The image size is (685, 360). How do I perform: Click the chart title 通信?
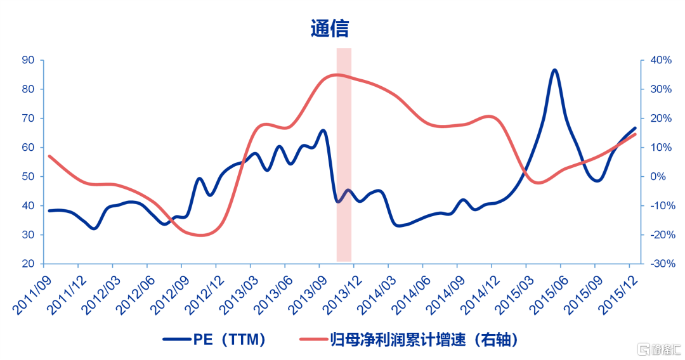coord(329,29)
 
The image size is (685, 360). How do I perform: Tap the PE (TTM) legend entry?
coord(214,339)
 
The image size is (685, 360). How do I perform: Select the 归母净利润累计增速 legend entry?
coord(409,339)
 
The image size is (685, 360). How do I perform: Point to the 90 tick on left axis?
coord(28,60)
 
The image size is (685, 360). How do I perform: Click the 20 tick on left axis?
coord(28,264)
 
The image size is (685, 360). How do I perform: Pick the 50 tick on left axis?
coord(28,176)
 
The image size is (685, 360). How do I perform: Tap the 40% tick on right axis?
coord(661,60)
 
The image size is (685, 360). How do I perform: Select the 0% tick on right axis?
coord(658,176)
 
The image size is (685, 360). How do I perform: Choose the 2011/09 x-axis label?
coord(32,295)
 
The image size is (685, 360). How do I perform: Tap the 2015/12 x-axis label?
coord(618,295)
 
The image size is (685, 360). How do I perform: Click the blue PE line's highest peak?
coord(554,70)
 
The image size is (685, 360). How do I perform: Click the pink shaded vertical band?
coord(344,155)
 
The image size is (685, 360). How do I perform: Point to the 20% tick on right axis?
coord(661,119)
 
